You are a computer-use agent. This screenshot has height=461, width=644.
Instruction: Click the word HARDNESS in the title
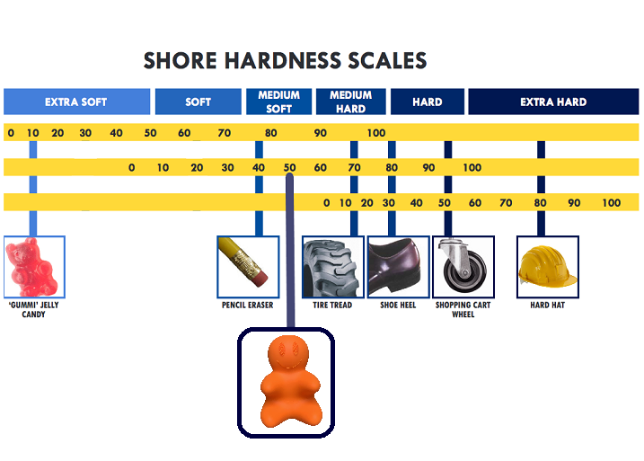[282, 61]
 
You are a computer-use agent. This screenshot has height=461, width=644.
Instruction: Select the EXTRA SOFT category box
[77, 102]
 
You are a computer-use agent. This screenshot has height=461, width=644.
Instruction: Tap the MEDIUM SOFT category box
[278, 102]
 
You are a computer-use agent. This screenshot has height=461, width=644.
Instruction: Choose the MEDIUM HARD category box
[351, 102]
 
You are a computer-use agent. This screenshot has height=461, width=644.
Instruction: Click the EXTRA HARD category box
[553, 102]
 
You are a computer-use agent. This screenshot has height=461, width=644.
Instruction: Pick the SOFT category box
[198, 102]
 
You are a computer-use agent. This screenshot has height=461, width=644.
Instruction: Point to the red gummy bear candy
[32, 267]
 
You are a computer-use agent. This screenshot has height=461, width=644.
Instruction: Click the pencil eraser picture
[248, 267]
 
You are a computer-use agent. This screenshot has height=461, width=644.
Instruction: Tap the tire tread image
[332, 267]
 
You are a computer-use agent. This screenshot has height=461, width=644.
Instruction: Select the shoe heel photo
[398, 267]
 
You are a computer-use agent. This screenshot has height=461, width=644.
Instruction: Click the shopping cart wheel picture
[463, 267]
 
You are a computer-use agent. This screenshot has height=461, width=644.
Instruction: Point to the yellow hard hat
[548, 266]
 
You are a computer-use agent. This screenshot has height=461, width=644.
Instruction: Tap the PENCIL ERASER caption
[247, 305]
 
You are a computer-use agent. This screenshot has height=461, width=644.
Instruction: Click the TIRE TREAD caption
[332, 305]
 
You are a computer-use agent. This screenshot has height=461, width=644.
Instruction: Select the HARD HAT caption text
[548, 305]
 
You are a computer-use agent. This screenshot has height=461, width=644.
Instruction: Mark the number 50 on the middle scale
[289, 168]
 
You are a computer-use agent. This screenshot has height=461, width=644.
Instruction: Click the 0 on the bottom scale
[327, 202]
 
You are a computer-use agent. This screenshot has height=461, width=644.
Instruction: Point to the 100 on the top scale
[376, 133]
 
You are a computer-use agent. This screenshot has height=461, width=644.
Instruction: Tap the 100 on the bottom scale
[612, 202]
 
